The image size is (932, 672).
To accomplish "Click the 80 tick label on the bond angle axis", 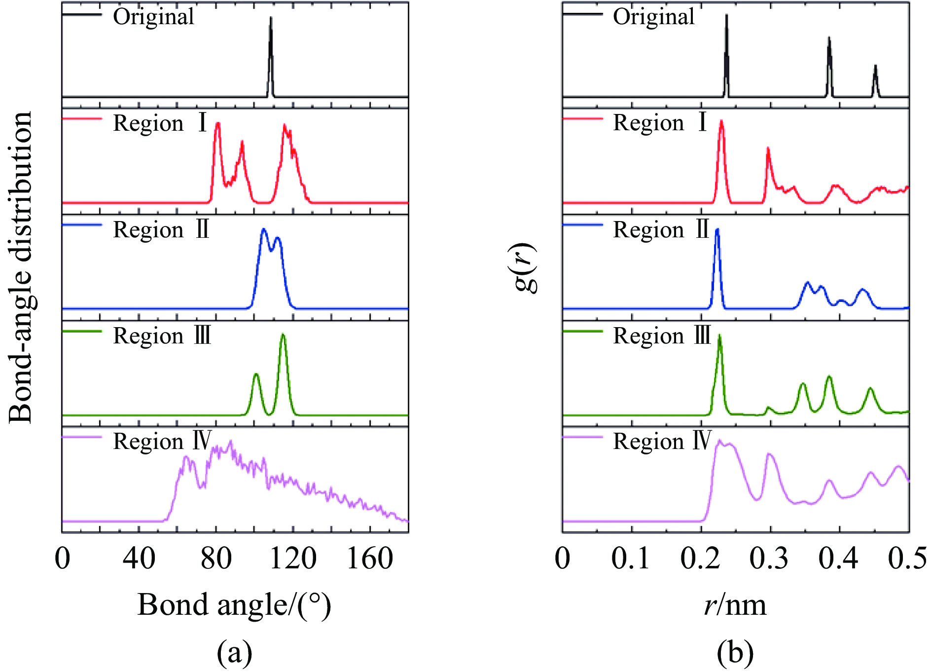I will click(x=216, y=560).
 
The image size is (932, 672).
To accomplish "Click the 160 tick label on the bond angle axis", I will click(x=370, y=560).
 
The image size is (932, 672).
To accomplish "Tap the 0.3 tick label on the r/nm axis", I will click(x=770, y=560).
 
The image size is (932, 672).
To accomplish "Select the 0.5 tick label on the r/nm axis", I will click(x=908, y=560).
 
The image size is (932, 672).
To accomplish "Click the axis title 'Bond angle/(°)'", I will click(x=234, y=605).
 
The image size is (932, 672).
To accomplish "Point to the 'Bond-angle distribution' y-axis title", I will click(x=21, y=267).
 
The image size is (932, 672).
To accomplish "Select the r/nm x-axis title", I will click(x=735, y=605).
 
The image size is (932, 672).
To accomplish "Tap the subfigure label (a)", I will click(x=235, y=652).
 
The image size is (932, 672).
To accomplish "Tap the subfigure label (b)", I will click(x=735, y=652).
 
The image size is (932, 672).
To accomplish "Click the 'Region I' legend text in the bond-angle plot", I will click(x=161, y=123).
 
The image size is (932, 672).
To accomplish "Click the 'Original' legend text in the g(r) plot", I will click(x=653, y=17).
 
